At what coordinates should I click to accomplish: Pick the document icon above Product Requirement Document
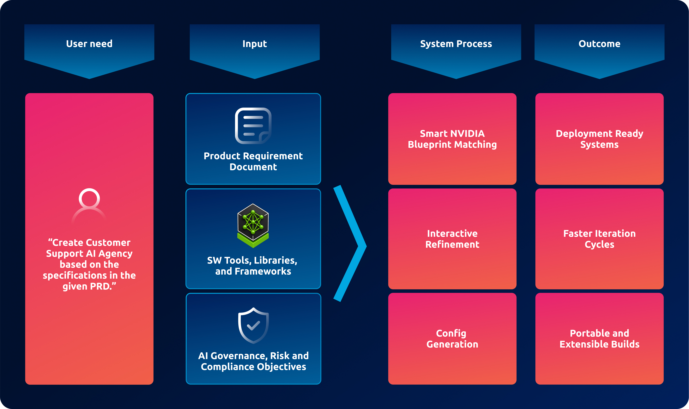pos(253,126)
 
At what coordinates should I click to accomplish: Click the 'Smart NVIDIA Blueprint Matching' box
pos(452,139)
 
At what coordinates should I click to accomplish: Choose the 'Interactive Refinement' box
pos(452,239)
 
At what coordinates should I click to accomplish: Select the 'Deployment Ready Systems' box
pos(599,139)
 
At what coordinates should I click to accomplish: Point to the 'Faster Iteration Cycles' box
pos(599,239)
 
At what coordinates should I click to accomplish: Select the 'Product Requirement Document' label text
pos(253,161)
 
